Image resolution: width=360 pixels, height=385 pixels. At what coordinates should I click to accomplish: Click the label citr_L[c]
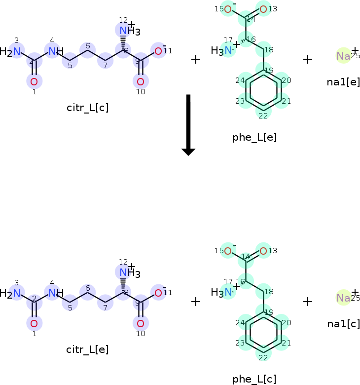pyautogui.click(x=88, y=108)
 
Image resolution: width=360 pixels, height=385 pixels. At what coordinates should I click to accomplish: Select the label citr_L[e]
pyautogui.click(x=88, y=349)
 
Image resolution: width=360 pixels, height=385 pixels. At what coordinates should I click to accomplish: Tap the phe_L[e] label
pyautogui.click(x=254, y=137)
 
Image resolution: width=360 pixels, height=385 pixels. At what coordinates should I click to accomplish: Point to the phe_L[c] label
pyautogui.click(x=254, y=379)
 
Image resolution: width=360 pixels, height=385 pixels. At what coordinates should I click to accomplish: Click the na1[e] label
pyautogui.click(x=343, y=81)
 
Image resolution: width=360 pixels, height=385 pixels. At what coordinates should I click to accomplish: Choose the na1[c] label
pyautogui.click(x=343, y=323)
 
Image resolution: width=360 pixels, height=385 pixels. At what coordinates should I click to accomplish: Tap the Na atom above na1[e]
pyautogui.click(x=343, y=56)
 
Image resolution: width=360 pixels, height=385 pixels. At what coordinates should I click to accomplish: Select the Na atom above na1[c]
pyautogui.click(x=343, y=298)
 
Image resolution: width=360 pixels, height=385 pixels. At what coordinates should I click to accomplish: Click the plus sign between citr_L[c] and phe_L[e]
pyautogui.click(x=196, y=59)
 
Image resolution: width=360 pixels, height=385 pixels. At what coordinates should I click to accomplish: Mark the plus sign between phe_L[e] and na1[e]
pyautogui.click(x=308, y=59)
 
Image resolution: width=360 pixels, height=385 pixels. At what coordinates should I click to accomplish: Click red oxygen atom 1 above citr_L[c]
pyautogui.click(x=34, y=81)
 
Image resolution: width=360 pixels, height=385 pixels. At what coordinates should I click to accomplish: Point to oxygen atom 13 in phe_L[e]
pyautogui.click(x=263, y=9)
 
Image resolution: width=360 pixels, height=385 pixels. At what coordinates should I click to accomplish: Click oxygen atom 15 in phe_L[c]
pyautogui.click(x=227, y=251)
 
